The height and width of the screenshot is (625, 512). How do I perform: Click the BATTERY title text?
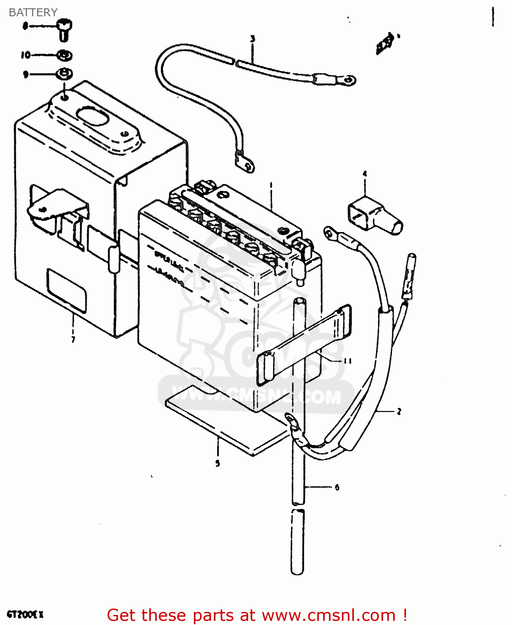point(33,12)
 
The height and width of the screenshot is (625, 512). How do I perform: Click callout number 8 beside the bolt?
point(25,26)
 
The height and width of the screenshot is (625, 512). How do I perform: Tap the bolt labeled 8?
point(64,29)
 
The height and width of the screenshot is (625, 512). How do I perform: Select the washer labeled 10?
point(64,55)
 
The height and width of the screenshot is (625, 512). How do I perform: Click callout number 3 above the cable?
point(252,39)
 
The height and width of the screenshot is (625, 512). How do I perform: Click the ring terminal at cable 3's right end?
point(346,79)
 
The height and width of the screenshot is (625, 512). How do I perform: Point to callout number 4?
point(365,174)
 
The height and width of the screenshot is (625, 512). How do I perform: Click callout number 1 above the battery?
point(271,185)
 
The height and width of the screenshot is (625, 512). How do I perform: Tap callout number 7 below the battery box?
point(73,340)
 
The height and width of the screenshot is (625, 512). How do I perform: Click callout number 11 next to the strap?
point(347,361)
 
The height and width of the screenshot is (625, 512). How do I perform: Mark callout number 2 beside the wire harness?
point(399,412)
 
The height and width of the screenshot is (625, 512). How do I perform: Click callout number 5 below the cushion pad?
point(217,463)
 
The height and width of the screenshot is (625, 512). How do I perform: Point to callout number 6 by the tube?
point(337,487)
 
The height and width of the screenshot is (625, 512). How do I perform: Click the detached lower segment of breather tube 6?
point(297,541)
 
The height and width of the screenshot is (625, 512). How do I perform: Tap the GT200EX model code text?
point(25,615)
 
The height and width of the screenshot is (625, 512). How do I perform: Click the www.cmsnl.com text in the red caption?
point(329,615)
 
